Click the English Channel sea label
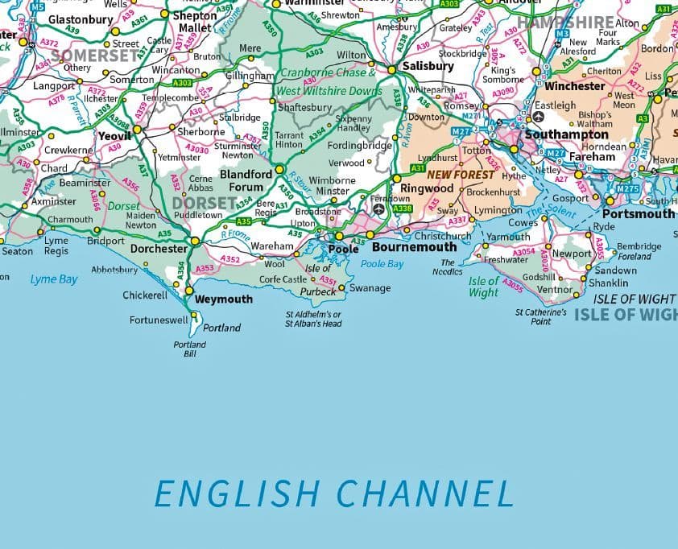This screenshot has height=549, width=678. point(333,493)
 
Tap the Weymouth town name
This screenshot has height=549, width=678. point(223,299)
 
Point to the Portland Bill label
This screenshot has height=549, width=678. point(190,349)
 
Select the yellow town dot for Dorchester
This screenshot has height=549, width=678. point(194,241)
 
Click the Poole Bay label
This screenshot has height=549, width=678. point(382,264)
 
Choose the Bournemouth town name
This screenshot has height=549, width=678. point(414,247)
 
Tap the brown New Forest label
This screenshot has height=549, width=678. point(461,175)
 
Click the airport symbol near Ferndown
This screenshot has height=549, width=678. point(378,209)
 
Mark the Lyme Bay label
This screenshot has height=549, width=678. point(54,279)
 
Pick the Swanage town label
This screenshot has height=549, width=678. point(370,288)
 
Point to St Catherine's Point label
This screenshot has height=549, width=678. point(541,316)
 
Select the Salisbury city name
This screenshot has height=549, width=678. point(428,66)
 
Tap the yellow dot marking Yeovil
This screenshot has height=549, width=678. point(138,129)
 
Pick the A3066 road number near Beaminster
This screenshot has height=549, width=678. point(96,200)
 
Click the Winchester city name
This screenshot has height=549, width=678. point(574,86)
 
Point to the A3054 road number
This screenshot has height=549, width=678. point(523,253)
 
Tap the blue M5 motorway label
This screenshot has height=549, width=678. point(38,6)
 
